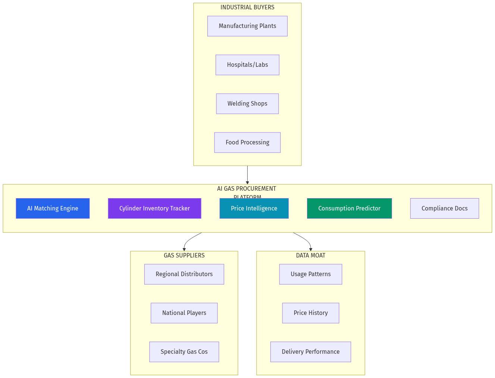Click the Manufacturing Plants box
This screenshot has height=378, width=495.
click(x=247, y=26)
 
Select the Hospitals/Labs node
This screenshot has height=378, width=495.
click(x=247, y=65)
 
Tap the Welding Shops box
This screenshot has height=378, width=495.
click(x=247, y=104)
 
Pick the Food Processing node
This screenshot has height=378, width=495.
click(x=247, y=143)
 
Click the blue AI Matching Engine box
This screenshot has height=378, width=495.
click(x=53, y=208)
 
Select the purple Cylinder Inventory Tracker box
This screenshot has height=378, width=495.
click(x=154, y=208)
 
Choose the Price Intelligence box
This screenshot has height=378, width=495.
click(x=254, y=208)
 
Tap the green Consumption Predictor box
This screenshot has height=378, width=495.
click(x=349, y=208)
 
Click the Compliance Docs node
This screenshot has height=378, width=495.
click(x=444, y=208)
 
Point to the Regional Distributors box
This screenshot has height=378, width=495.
click(x=184, y=274)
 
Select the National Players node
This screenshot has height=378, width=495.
click(x=184, y=313)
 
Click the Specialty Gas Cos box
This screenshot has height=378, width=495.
click(x=184, y=352)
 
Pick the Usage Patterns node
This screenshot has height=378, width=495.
click(x=311, y=274)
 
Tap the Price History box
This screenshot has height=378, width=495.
click(x=311, y=313)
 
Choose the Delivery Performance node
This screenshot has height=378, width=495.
click(x=311, y=352)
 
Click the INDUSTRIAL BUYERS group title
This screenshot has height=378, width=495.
click(x=247, y=7)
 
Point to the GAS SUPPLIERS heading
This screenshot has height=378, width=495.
click(x=184, y=256)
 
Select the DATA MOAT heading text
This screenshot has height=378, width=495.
click(x=311, y=256)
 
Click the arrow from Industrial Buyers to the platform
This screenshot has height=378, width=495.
click(x=247, y=175)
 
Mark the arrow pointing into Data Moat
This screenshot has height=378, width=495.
click(x=306, y=240)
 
